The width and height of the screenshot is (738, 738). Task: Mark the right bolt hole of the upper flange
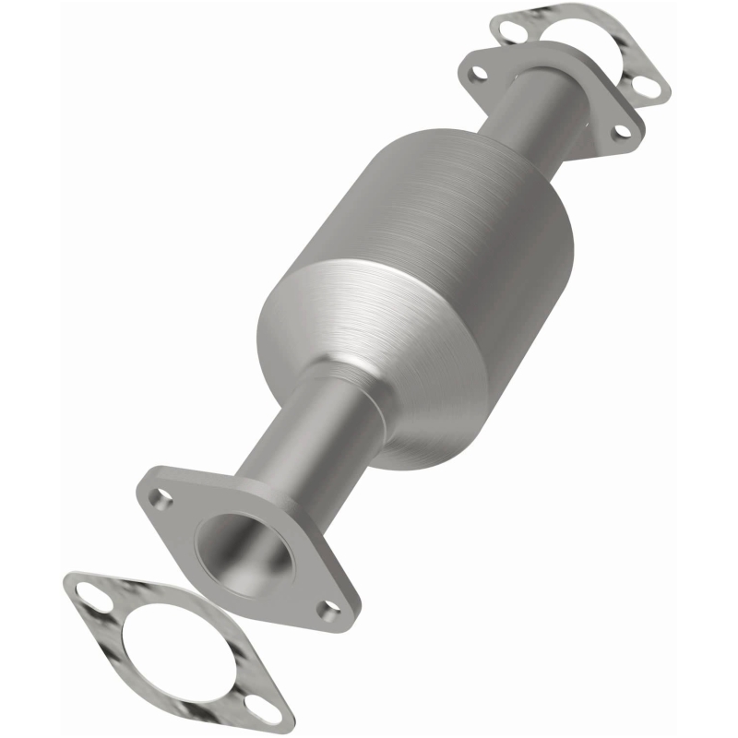coord(622,129)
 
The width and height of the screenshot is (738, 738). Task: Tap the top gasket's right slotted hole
coord(649,89)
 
